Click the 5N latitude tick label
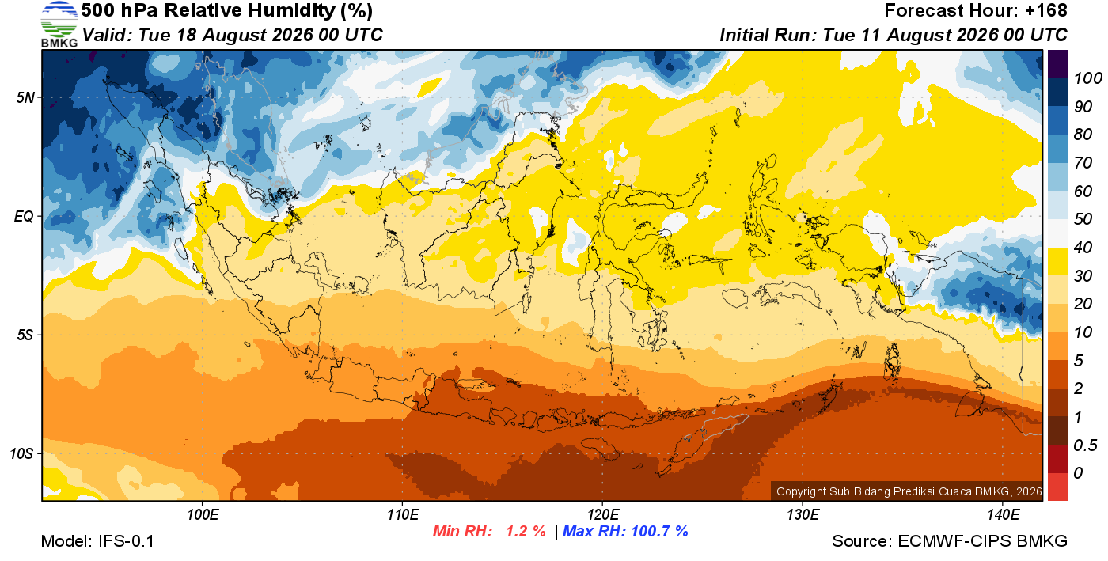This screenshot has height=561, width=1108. pyautogui.click(x=25, y=97)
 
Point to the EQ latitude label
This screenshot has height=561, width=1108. pyautogui.click(x=25, y=216)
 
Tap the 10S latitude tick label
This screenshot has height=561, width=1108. pyautogui.click(x=21, y=453)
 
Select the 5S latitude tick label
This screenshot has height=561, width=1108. pyautogui.click(x=25, y=335)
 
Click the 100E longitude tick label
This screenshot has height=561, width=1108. pyautogui.click(x=203, y=515)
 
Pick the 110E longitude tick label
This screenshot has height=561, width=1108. pyautogui.click(x=403, y=515)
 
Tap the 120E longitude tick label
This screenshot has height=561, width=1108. pyautogui.click(x=603, y=515)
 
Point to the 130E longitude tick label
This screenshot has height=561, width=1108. pyautogui.click(x=803, y=515)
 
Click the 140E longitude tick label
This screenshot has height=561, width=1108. pyautogui.click(x=1003, y=515)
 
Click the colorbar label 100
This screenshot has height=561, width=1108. pyautogui.click(x=1087, y=78)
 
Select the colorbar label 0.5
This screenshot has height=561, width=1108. pyautogui.click(x=1085, y=445)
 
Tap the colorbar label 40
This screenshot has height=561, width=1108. pyautogui.click(x=1083, y=248)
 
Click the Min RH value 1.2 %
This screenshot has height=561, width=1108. pyautogui.click(x=526, y=531)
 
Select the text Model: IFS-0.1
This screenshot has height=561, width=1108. pyautogui.click(x=97, y=541)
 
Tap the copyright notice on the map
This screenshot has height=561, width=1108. pyautogui.click(x=909, y=491)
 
